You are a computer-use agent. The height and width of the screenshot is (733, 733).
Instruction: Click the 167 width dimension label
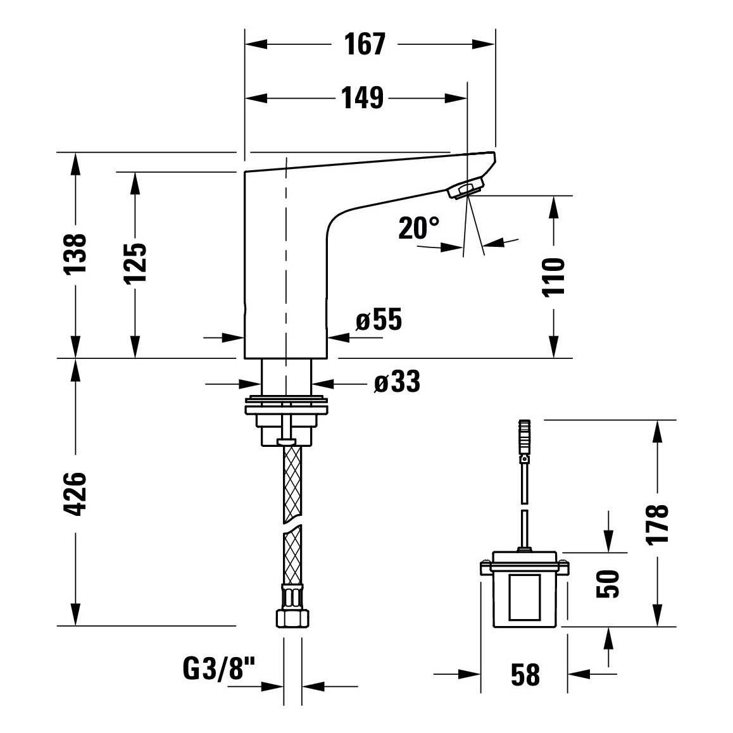coord(365,44)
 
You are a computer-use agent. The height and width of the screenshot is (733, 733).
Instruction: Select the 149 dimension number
coord(362,98)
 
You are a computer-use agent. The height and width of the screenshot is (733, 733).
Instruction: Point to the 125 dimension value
coord(135,263)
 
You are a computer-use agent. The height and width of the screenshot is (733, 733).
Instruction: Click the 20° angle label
coord(419,228)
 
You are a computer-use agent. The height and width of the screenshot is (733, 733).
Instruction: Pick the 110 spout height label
coord(553,277)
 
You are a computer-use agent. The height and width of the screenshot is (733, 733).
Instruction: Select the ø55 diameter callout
coord(379,320)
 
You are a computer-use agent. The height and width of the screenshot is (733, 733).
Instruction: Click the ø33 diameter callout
coord(397,381)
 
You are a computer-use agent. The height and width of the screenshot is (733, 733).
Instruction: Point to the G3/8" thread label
coord(219,668)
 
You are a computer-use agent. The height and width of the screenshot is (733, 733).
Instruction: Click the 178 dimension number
coord(657,523)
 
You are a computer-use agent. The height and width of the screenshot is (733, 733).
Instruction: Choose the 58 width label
coord(525,675)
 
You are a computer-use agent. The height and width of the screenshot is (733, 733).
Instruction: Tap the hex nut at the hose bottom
coord(293,618)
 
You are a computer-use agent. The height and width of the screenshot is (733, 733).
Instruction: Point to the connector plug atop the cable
coord(525,438)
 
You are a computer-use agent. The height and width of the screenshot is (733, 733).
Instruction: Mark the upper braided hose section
coord(293,483)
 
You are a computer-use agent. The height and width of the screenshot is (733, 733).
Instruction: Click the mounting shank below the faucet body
coord(286,377)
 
